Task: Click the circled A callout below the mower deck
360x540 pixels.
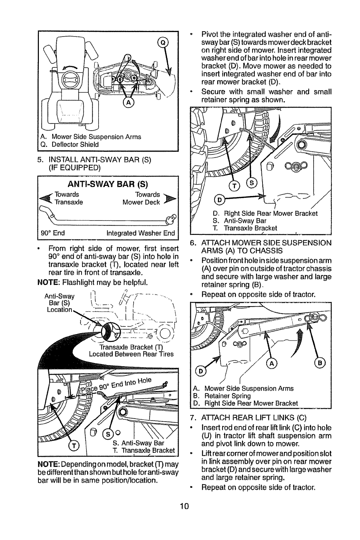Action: (130, 102)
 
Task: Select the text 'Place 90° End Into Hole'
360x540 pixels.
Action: (116, 383)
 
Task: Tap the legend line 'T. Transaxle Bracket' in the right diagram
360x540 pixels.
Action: (249, 228)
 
